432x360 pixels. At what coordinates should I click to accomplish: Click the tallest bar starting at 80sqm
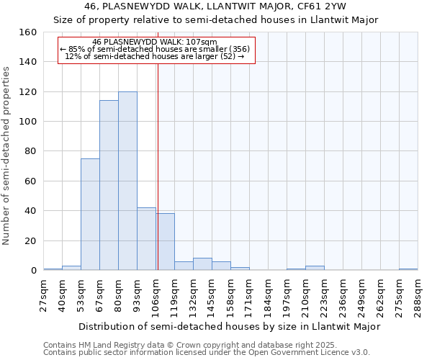(x=127, y=181)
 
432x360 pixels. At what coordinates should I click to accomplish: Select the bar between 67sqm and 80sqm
(x=109, y=185)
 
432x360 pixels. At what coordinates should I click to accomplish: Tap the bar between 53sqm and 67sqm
(x=90, y=215)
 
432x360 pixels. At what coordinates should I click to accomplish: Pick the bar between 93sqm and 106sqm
(x=146, y=239)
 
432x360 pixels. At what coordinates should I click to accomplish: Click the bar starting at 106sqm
(x=165, y=242)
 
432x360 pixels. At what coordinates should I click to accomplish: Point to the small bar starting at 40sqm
(x=71, y=268)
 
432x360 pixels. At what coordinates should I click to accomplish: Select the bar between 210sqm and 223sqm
(x=315, y=268)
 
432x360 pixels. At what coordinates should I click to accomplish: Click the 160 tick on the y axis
(x=28, y=32)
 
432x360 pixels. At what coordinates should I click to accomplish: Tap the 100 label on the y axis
(x=28, y=122)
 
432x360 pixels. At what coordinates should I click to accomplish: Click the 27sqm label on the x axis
(x=44, y=294)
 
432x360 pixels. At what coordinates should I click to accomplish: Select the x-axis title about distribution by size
(x=229, y=326)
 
